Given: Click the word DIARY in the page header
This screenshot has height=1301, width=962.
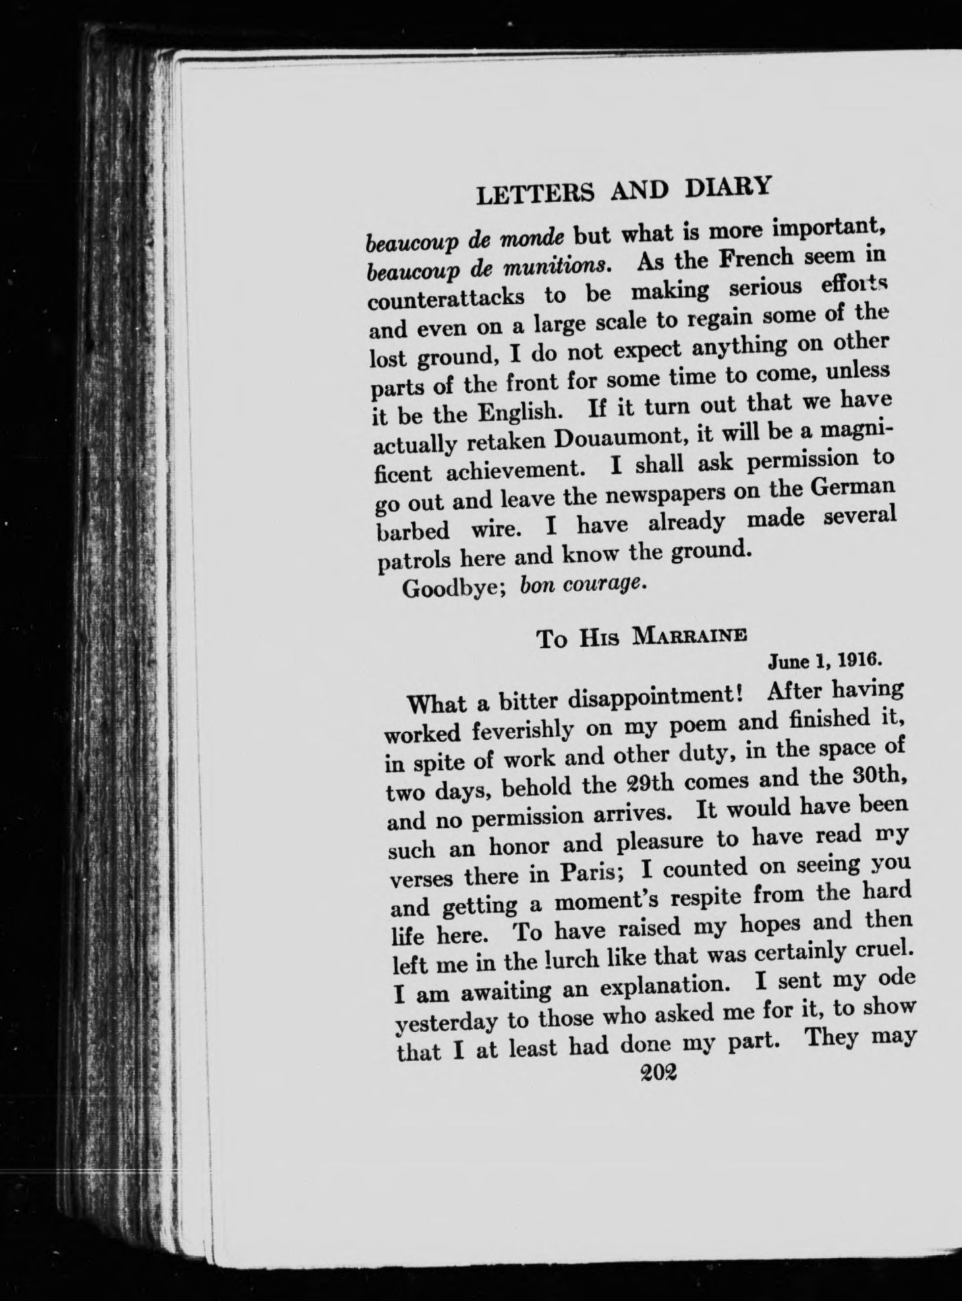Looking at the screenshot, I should click(727, 187).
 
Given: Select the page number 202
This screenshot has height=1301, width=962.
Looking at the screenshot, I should click(659, 1072).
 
